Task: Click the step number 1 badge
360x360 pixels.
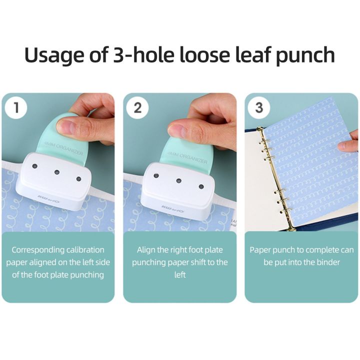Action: (x=17, y=108)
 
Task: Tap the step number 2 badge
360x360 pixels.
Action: (x=137, y=108)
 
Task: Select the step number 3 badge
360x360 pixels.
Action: (x=259, y=108)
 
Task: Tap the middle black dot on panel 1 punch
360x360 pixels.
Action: (x=57, y=172)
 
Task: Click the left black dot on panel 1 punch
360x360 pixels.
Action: (x=34, y=165)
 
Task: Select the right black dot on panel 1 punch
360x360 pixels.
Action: (x=78, y=178)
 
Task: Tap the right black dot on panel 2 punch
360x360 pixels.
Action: (x=201, y=186)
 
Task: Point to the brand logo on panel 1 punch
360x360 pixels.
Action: (x=48, y=198)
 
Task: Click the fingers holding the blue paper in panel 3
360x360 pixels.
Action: (x=348, y=144)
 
